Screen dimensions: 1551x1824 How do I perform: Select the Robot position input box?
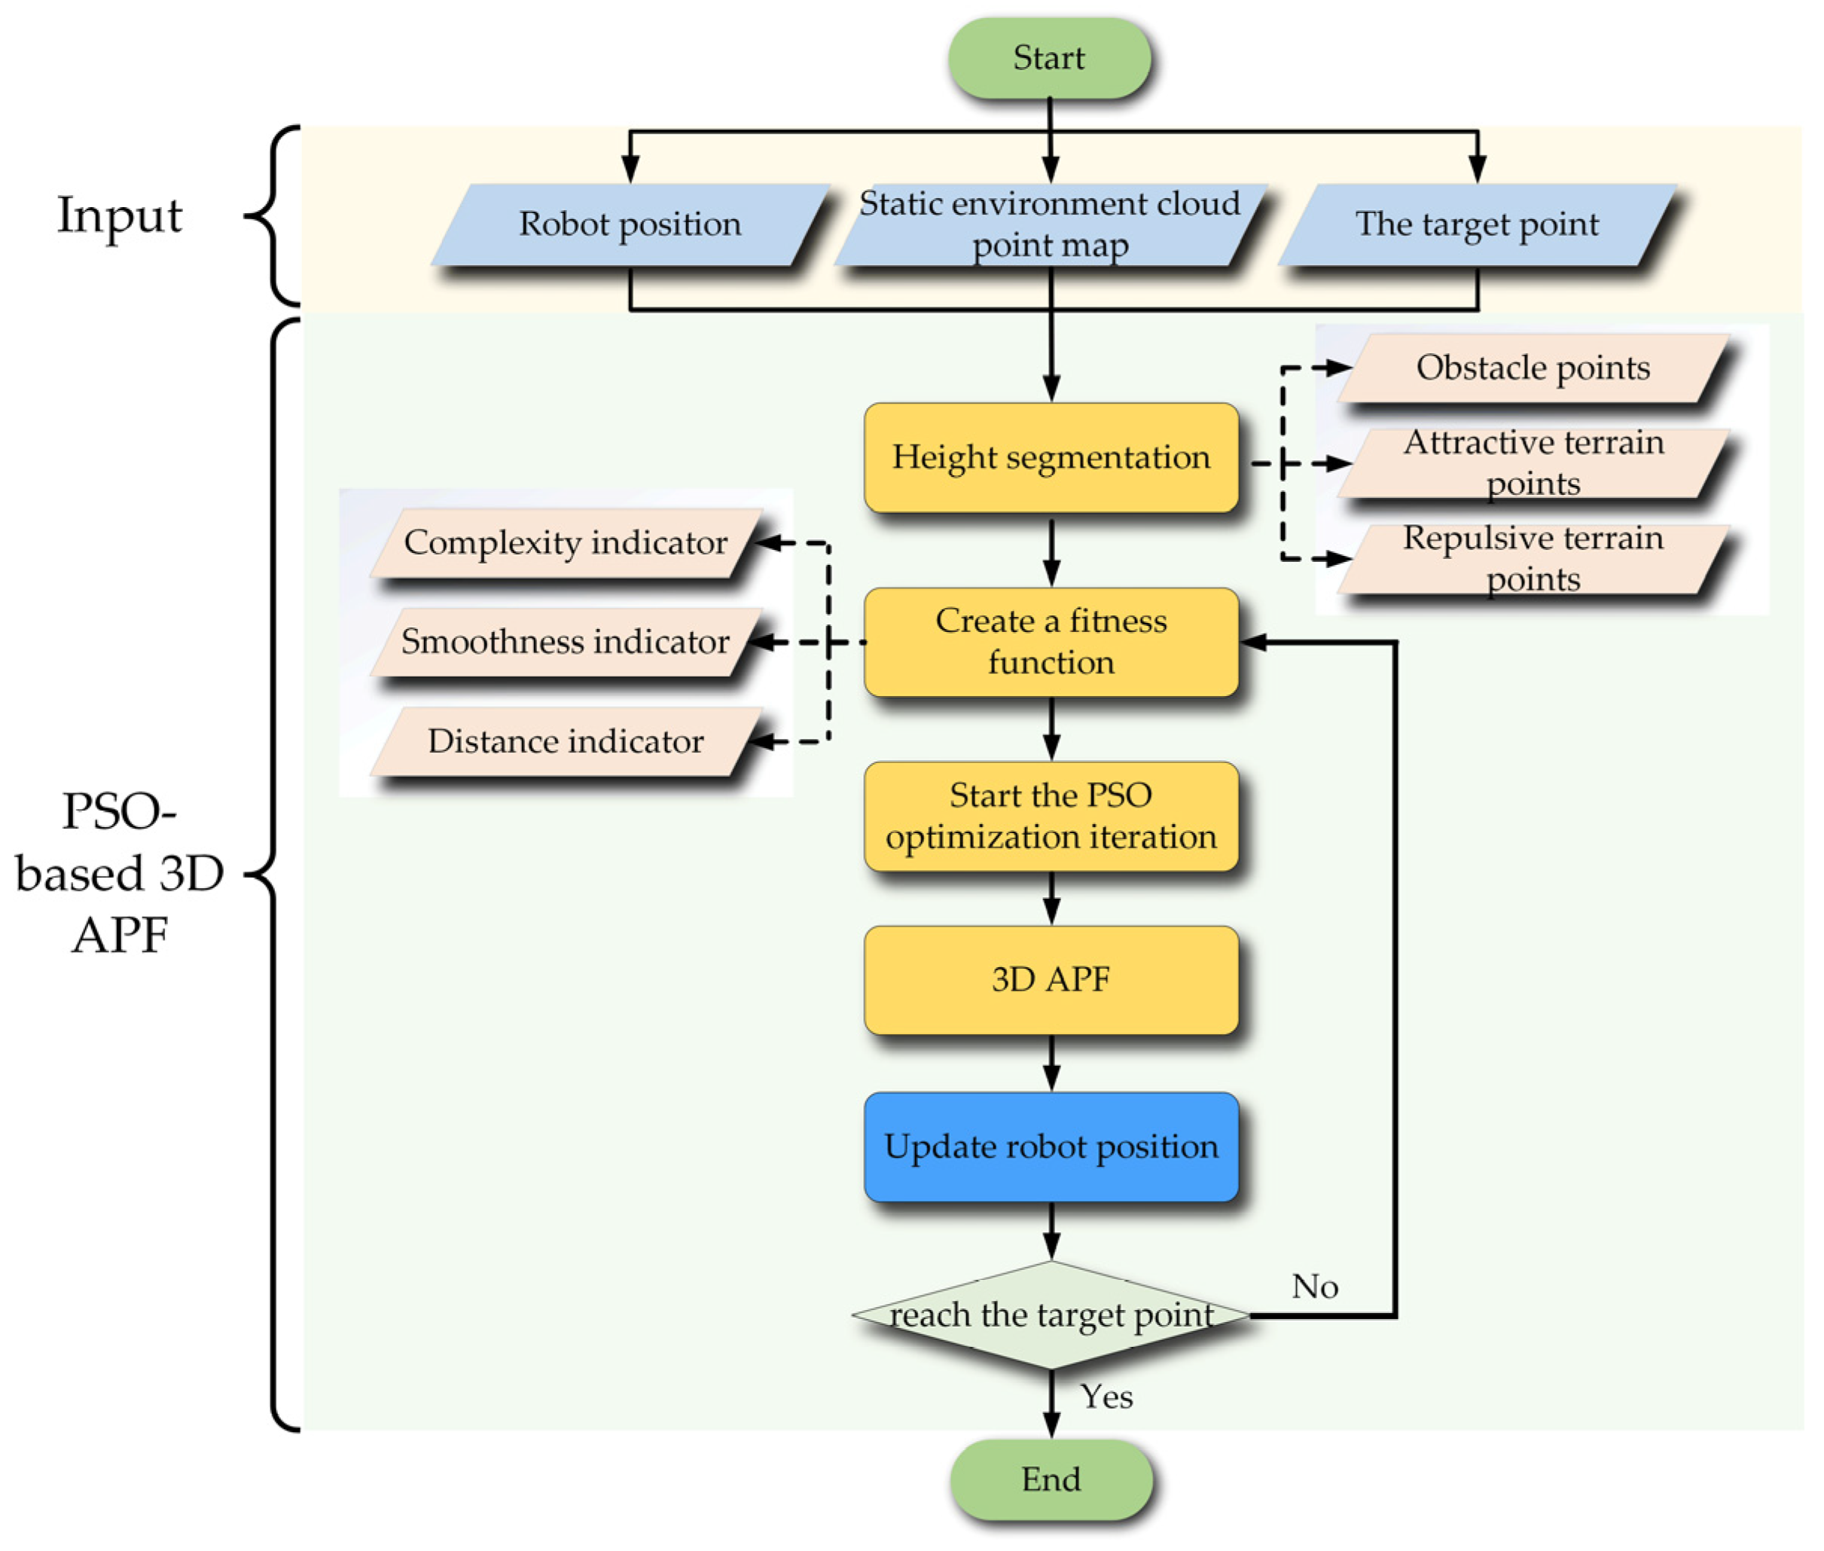point(630,225)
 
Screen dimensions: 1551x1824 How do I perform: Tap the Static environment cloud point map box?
point(1050,225)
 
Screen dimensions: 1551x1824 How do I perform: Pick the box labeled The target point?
point(1477,225)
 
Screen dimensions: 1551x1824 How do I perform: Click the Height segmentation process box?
point(1051,458)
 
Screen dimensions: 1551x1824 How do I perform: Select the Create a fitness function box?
point(1051,642)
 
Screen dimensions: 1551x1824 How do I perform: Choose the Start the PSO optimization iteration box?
point(1051,816)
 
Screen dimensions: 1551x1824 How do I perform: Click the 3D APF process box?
point(1051,979)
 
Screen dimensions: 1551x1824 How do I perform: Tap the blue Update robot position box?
point(1051,1146)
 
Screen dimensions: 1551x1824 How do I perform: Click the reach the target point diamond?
point(1051,1315)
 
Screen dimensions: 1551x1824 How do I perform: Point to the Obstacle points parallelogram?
point(1533,368)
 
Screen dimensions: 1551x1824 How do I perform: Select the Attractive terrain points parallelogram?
point(1533,463)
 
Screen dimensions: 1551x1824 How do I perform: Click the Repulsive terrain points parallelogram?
point(1533,559)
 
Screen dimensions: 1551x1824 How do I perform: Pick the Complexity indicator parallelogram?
point(566,542)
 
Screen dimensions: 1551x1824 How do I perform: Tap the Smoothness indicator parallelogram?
point(566,642)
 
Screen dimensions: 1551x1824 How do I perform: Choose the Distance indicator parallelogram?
point(566,741)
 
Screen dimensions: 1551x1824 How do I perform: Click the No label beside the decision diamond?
point(1314,1287)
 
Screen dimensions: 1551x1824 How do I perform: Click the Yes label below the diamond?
point(1106,1397)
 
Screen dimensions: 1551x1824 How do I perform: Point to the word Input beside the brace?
point(120,216)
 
